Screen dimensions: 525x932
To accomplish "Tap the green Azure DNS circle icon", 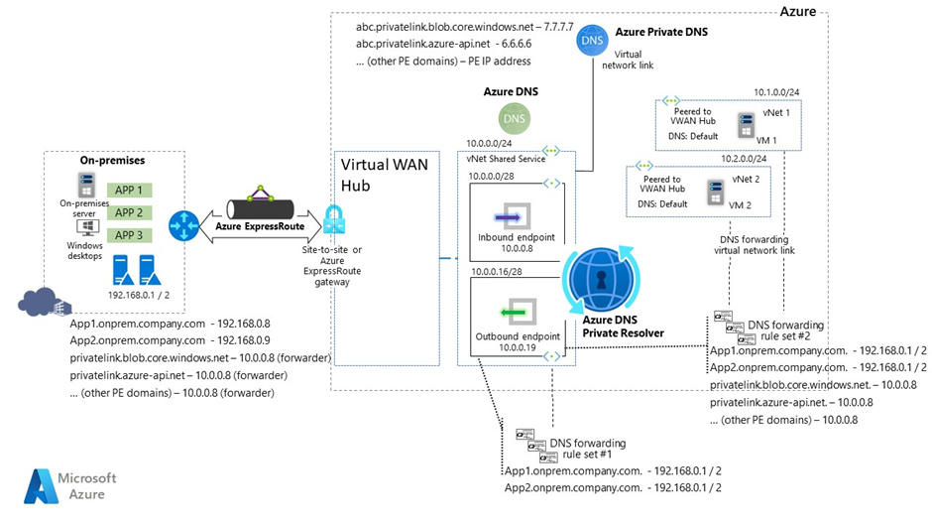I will (x=513, y=117).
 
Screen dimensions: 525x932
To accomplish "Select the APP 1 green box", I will (x=128, y=190).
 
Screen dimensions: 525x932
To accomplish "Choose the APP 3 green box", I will (x=128, y=235).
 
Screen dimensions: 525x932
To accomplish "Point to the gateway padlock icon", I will (x=332, y=221).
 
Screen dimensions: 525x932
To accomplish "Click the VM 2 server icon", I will (x=712, y=190).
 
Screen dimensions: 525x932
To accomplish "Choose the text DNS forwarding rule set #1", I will (x=587, y=449).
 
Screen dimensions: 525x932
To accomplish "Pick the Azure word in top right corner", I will (x=799, y=11).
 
